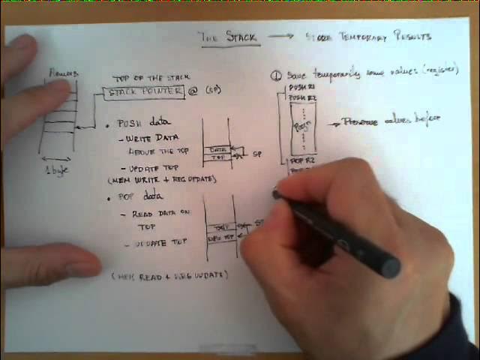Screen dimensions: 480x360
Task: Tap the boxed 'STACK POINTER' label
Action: click(x=145, y=92)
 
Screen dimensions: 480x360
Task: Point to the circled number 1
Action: click(x=276, y=76)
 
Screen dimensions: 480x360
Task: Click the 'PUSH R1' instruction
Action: click(x=298, y=88)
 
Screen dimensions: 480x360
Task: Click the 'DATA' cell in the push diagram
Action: click(x=218, y=148)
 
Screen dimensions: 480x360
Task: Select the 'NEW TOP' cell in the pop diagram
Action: click(x=220, y=238)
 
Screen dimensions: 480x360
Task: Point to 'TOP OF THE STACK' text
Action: click(x=151, y=77)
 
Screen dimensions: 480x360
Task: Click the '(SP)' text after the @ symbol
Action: click(x=212, y=91)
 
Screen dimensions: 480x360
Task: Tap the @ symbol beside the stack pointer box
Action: click(x=193, y=91)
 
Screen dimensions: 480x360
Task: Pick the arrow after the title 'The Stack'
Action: click(x=282, y=36)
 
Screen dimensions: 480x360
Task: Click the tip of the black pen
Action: click(x=276, y=193)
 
